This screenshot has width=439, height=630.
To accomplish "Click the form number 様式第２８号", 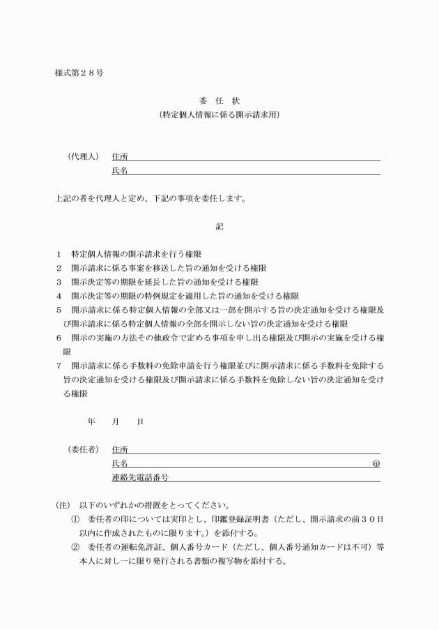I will [79, 73].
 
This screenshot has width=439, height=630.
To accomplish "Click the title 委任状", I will [219, 100].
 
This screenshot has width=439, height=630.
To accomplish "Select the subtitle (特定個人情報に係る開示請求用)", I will [219, 114].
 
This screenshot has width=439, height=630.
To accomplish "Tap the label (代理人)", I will [81, 156].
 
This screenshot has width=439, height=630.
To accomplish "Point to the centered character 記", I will [219, 226].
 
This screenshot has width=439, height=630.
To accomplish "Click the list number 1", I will [59, 254].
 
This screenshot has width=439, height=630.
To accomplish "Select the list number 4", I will [59, 296].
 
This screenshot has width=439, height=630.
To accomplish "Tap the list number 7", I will [59, 366].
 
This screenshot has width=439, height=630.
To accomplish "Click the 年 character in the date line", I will [91, 422].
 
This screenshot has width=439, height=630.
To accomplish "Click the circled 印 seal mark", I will [376, 464].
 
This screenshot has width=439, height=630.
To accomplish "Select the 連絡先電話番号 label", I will [141, 478].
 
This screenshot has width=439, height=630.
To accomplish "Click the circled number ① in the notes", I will [76, 520].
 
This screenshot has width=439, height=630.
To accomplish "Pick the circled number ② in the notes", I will [76, 548].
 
